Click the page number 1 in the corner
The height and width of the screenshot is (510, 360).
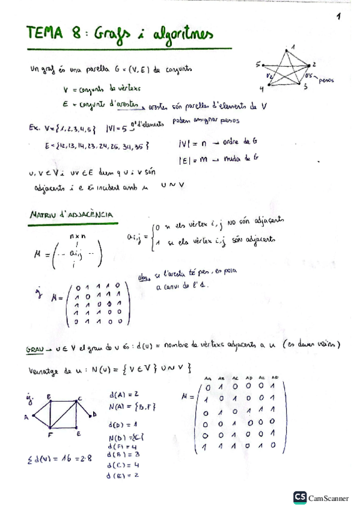coord(339,17)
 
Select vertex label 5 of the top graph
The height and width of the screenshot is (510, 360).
coord(258,63)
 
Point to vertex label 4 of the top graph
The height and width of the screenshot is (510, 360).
coord(262,88)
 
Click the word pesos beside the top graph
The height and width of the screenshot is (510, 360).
coord(326,79)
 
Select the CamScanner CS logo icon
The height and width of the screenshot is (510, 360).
coord(299,497)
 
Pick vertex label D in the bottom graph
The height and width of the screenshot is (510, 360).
coord(94,415)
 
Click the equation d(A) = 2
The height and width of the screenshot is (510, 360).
coord(125,394)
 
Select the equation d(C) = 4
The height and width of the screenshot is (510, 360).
coord(124,464)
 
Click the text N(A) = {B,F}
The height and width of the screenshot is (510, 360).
coord(132,407)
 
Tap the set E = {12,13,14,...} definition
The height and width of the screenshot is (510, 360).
coord(96,146)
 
